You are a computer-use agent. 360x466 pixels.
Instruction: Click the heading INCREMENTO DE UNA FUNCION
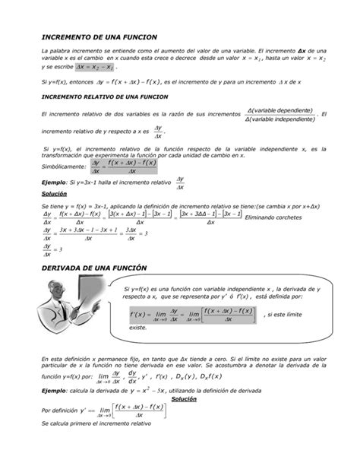[x=99, y=37]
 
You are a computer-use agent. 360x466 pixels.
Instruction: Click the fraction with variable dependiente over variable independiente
[x=280, y=114]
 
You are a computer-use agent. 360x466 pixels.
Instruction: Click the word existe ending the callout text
[x=137, y=327]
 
